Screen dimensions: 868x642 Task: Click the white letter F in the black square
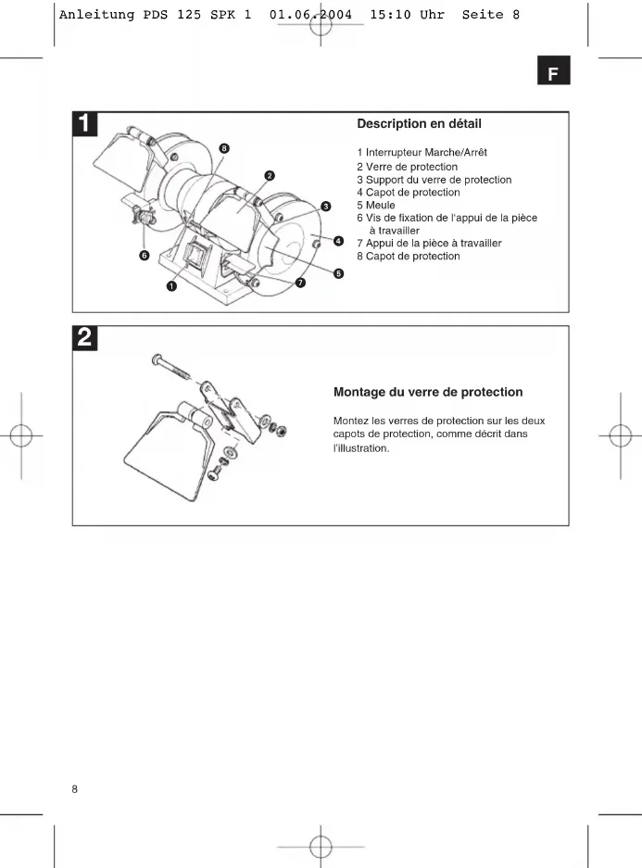[x=553, y=73]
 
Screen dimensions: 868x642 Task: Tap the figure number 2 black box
[x=85, y=338]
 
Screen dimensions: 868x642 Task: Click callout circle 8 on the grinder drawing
[x=224, y=148]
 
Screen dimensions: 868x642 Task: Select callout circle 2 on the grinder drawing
[x=269, y=175]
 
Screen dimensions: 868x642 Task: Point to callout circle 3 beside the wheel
[x=325, y=206]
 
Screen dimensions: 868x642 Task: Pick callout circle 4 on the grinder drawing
[x=339, y=241]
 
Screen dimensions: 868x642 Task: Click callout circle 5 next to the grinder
[x=339, y=273]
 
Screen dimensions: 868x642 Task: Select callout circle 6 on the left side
[x=145, y=255]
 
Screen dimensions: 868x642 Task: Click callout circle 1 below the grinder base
[x=171, y=286]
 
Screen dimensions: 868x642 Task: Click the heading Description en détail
[x=419, y=123]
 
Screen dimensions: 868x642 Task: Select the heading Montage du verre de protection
[x=427, y=392]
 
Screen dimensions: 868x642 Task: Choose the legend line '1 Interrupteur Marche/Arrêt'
[x=422, y=152]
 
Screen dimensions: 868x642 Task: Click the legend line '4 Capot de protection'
[x=408, y=192]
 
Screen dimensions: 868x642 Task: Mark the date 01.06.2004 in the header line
[x=309, y=15]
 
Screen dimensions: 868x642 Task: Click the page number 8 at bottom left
[x=76, y=789]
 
